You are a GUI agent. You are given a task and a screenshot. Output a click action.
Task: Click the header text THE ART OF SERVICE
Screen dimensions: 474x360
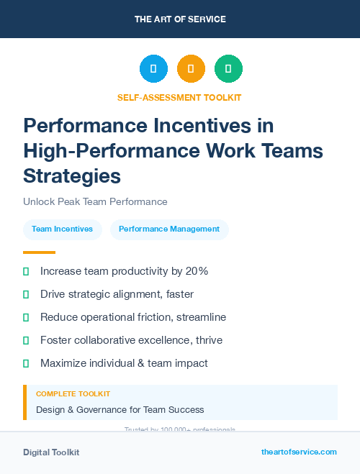click(x=180, y=19)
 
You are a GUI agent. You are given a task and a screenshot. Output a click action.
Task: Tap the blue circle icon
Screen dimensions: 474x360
click(x=153, y=69)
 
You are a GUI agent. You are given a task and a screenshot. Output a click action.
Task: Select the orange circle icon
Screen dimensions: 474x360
click(x=191, y=69)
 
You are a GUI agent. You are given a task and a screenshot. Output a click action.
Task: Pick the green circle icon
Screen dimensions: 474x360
click(x=228, y=69)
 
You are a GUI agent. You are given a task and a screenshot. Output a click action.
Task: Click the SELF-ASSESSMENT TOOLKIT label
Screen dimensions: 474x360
click(x=179, y=97)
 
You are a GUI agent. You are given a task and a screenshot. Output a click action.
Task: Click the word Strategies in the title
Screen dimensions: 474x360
click(x=72, y=175)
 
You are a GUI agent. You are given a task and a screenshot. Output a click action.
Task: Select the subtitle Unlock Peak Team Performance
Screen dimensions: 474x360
click(x=95, y=202)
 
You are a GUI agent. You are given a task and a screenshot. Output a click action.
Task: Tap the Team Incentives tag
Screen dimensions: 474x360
click(x=62, y=229)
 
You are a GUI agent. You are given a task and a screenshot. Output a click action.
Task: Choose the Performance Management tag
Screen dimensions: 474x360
click(x=169, y=229)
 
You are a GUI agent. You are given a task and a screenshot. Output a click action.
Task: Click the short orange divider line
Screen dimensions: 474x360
click(x=39, y=252)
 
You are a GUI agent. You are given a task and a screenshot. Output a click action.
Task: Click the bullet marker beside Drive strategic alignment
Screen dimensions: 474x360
click(x=26, y=294)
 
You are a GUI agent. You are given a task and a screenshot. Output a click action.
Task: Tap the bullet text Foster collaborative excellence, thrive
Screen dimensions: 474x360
click(x=131, y=340)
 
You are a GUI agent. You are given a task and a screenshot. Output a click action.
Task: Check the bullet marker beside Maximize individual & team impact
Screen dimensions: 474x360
click(x=26, y=363)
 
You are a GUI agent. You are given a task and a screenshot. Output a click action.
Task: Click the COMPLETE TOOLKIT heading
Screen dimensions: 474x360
click(x=73, y=394)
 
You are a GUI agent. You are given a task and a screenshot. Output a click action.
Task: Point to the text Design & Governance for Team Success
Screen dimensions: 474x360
click(x=120, y=410)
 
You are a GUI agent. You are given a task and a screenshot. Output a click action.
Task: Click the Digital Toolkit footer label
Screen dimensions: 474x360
click(x=51, y=452)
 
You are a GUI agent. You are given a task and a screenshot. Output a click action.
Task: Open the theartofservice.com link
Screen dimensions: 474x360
click(x=299, y=452)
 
